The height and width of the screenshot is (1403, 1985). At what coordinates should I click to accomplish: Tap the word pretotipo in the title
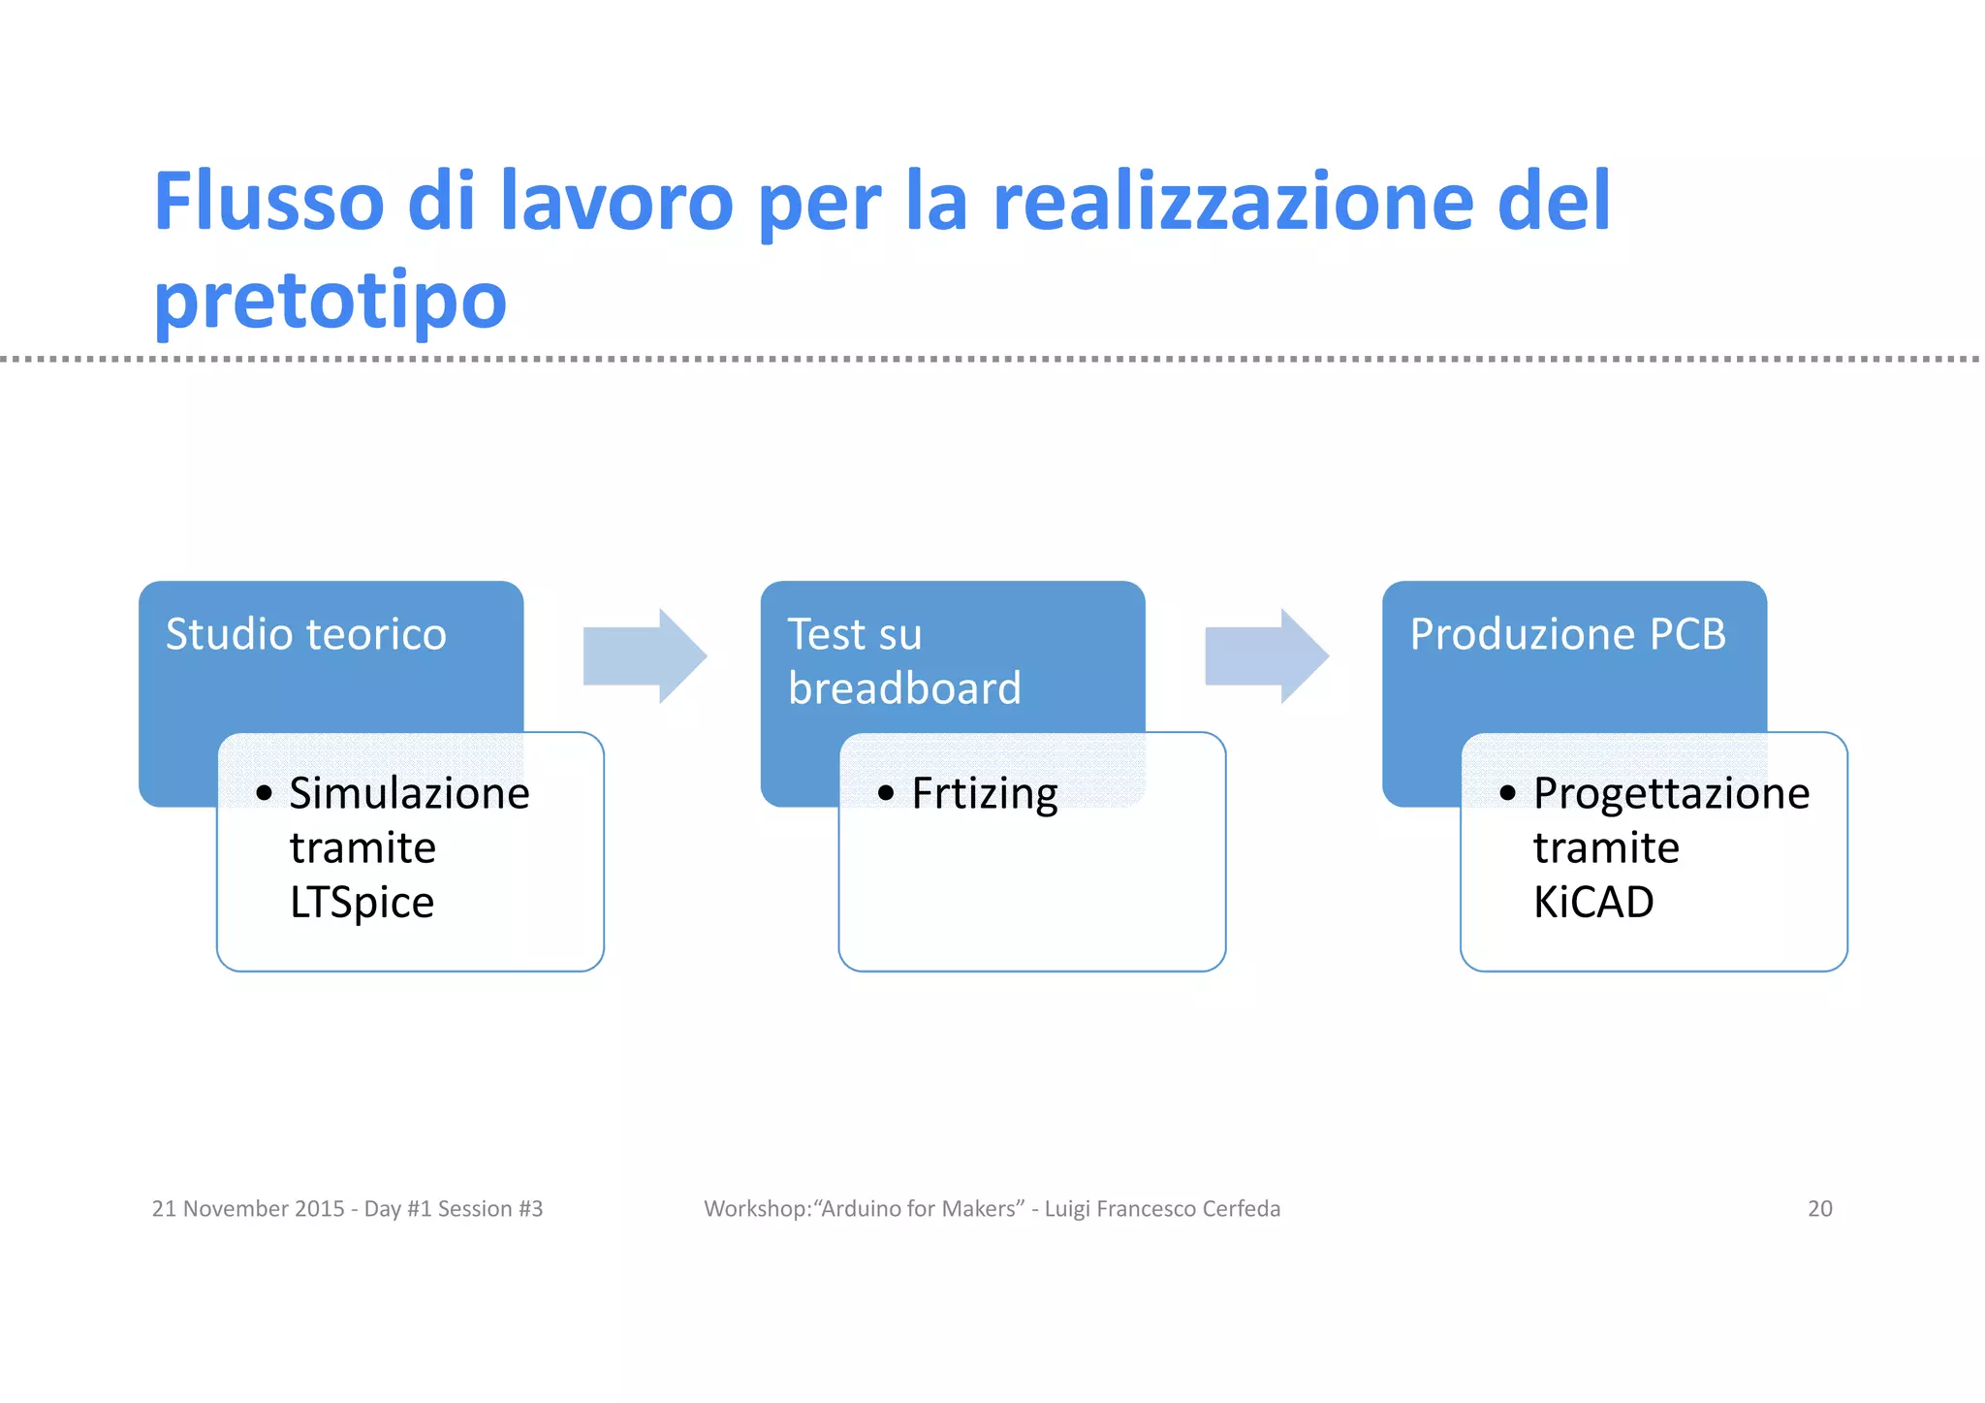331,301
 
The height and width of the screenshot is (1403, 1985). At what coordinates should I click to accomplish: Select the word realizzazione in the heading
1232,202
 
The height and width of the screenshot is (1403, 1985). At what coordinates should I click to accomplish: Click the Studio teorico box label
305,634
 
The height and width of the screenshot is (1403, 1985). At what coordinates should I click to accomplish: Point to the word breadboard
904,688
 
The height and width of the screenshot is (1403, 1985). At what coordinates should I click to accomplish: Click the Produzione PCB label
1567,634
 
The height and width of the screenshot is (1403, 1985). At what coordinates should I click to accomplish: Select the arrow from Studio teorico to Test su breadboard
645,656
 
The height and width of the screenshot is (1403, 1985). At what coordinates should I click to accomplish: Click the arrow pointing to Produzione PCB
1266,656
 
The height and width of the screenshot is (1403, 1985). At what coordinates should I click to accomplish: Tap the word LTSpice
362,903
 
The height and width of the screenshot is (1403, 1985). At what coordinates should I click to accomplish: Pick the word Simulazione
409,793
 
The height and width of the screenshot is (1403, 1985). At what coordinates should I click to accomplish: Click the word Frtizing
984,793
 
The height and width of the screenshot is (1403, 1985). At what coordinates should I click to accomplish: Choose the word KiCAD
1592,903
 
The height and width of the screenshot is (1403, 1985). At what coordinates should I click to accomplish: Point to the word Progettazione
1671,793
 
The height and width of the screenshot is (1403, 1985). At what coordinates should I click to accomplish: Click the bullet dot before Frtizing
885,793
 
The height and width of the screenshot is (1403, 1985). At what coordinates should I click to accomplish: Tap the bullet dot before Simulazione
264,793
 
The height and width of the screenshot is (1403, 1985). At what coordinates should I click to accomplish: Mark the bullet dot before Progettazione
1507,793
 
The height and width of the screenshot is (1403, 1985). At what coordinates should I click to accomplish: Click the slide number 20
1819,1209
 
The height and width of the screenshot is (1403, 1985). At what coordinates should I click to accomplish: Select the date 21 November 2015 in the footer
247,1209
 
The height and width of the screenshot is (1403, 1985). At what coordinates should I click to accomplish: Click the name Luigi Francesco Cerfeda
1162,1209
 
